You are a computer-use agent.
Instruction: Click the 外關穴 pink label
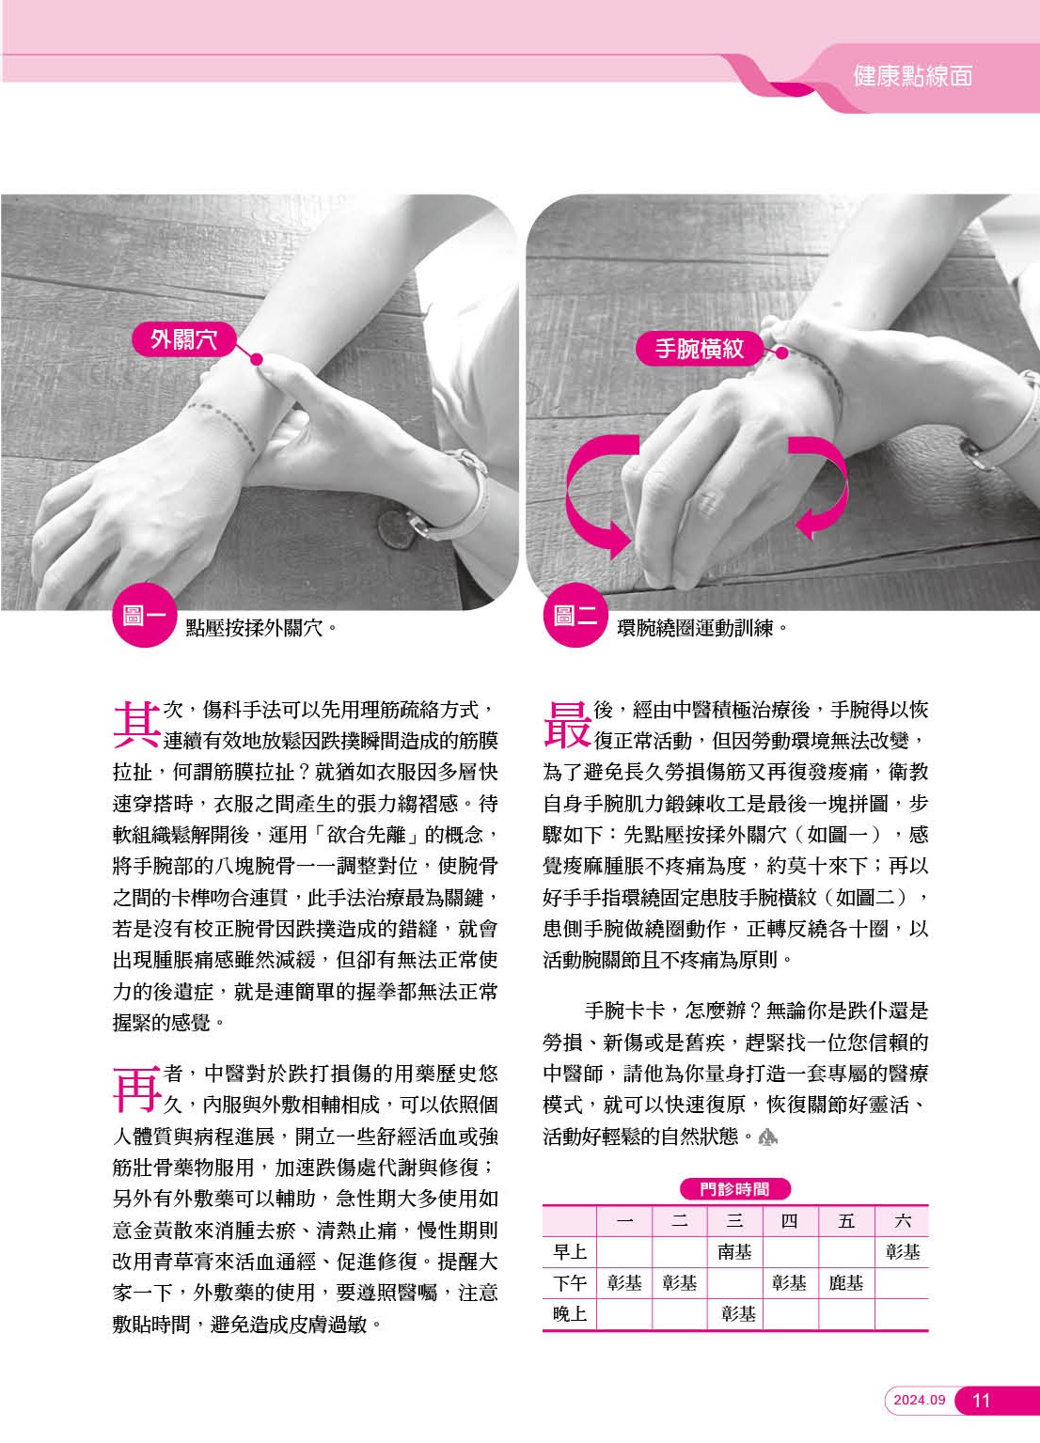183,338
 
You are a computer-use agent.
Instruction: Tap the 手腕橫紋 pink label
700,349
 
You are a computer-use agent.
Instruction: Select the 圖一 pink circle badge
144,615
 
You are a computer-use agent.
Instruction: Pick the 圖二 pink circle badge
575,615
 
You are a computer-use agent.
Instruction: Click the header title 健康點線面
912,76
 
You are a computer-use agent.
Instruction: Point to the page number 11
981,1401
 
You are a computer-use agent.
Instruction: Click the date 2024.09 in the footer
920,1400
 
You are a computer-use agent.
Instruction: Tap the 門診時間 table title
735,1188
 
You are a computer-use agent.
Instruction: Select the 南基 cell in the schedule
734,1251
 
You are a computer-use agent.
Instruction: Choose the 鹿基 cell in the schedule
846,1283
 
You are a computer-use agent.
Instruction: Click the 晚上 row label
570,1313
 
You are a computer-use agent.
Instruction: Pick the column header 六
902,1221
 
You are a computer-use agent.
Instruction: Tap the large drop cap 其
136,725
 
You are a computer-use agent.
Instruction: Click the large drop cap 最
567,725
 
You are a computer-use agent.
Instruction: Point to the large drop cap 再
136,1089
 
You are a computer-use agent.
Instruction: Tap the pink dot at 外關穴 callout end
257,359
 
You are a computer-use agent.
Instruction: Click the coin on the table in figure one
396,527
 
